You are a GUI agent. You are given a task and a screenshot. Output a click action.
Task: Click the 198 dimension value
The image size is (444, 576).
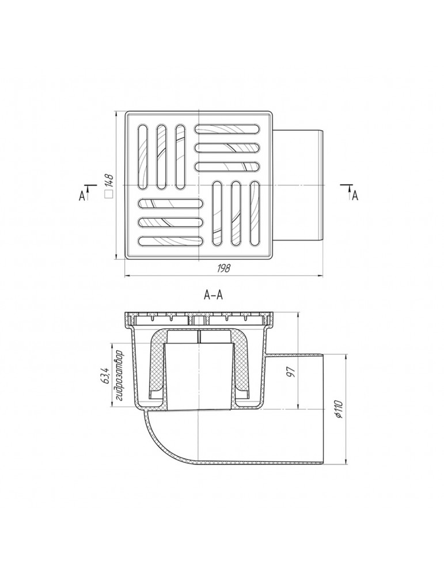(x=223, y=268)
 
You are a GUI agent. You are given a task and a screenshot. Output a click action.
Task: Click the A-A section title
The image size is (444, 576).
(x=213, y=295)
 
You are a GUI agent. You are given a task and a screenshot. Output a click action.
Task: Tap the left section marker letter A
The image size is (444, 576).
(x=82, y=196)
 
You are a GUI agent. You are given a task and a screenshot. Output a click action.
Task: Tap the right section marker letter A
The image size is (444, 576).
(x=355, y=196)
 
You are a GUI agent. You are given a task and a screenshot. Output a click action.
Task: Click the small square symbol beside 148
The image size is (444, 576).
(x=108, y=195)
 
